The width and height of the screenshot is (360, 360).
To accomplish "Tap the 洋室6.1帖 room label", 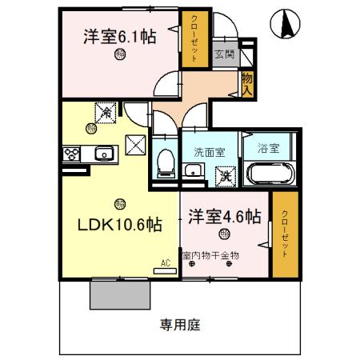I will coord(119,36).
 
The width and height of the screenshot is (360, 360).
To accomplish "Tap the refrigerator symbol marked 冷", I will coord(106,114).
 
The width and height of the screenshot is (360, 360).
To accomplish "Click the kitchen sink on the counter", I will coord(102,154).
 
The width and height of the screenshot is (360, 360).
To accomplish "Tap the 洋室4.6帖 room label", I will coord(225,217).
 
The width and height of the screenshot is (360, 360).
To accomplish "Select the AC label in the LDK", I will coord(166,262).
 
